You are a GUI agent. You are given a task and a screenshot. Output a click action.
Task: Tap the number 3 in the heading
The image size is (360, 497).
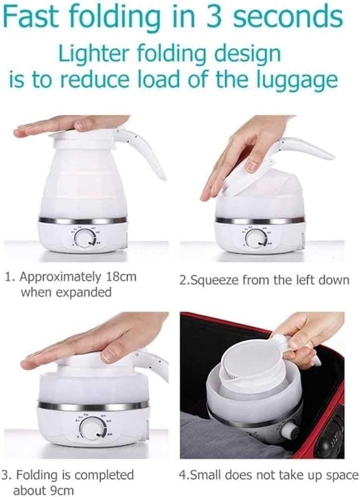pyautogui.click(x=215, y=17)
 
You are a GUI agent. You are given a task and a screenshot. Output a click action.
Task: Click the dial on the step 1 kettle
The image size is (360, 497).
pyautogui.click(x=85, y=238)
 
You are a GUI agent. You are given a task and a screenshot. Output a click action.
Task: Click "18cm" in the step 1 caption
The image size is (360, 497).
pyautogui.click(x=121, y=277)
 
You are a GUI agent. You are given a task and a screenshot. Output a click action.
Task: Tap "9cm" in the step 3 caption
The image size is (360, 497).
pyautogui.click(x=62, y=490)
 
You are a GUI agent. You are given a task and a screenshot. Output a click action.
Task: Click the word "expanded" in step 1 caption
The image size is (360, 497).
pyautogui.click(x=84, y=292)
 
